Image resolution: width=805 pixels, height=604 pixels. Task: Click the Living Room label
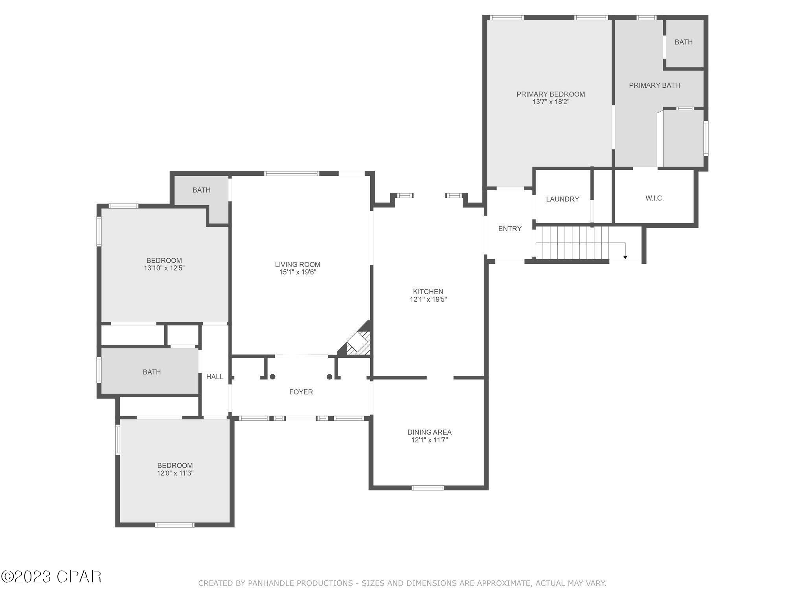(298, 265)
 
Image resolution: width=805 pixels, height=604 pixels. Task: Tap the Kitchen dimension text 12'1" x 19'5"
(428, 299)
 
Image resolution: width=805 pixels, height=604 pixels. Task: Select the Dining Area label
(429, 432)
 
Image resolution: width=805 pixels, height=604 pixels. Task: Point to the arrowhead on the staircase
(625, 257)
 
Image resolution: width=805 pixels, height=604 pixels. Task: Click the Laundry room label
(562, 199)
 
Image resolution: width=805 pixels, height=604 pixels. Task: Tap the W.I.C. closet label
(654, 198)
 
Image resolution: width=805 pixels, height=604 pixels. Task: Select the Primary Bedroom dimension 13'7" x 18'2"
(551, 102)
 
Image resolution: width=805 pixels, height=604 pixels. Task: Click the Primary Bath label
(654, 85)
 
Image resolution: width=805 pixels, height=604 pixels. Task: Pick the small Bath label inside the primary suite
(684, 42)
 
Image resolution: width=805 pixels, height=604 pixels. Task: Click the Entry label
(510, 228)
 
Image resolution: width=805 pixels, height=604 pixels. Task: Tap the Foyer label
(301, 392)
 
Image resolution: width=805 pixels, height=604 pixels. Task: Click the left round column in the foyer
(272, 377)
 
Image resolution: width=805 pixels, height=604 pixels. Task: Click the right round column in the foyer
(329, 377)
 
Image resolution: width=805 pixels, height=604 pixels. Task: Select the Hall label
(215, 377)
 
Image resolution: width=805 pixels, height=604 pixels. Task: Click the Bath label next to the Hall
(152, 372)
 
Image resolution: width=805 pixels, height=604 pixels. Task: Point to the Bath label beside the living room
(201, 190)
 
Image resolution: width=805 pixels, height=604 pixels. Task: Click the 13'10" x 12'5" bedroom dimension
(164, 268)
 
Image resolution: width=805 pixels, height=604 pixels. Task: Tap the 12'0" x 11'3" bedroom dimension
(175, 473)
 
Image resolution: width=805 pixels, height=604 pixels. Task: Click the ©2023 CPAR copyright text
(51, 577)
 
